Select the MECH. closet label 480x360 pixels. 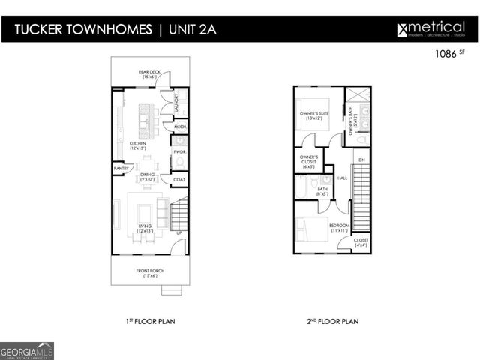coord(180,127)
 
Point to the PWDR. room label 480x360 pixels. coord(179,152)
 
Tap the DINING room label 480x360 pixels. coord(146,177)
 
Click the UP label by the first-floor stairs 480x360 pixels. coord(178,232)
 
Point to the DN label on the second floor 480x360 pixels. coord(361,160)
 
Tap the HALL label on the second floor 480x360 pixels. coord(342,178)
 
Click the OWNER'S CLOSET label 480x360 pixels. coord(309,161)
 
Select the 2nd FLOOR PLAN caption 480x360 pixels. coord(333,321)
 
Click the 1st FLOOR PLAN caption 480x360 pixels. coord(150,321)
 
